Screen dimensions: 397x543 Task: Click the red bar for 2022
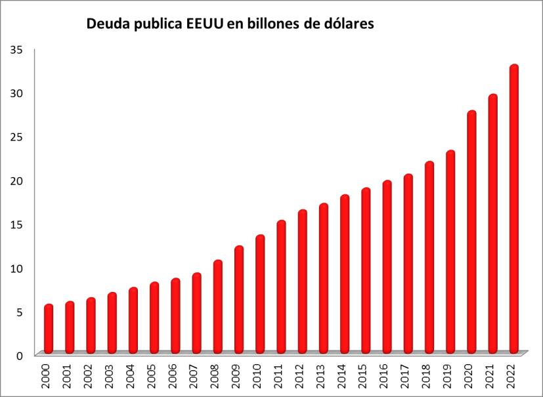click(x=514, y=210)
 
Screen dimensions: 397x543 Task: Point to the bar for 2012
click(x=303, y=282)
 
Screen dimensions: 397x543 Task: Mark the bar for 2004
click(x=133, y=321)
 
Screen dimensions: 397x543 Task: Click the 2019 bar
click(x=450, y=253)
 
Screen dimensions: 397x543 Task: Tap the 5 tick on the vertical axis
click(x=20, y=312)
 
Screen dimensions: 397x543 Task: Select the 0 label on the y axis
click(x=20, y=355)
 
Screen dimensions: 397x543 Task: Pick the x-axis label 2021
click(x=492, y=375)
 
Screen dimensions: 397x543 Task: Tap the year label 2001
click(x=68, y=375)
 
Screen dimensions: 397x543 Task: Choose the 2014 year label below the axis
click(x=343, y=375)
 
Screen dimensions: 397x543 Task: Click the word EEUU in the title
click(x=206, y=25)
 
